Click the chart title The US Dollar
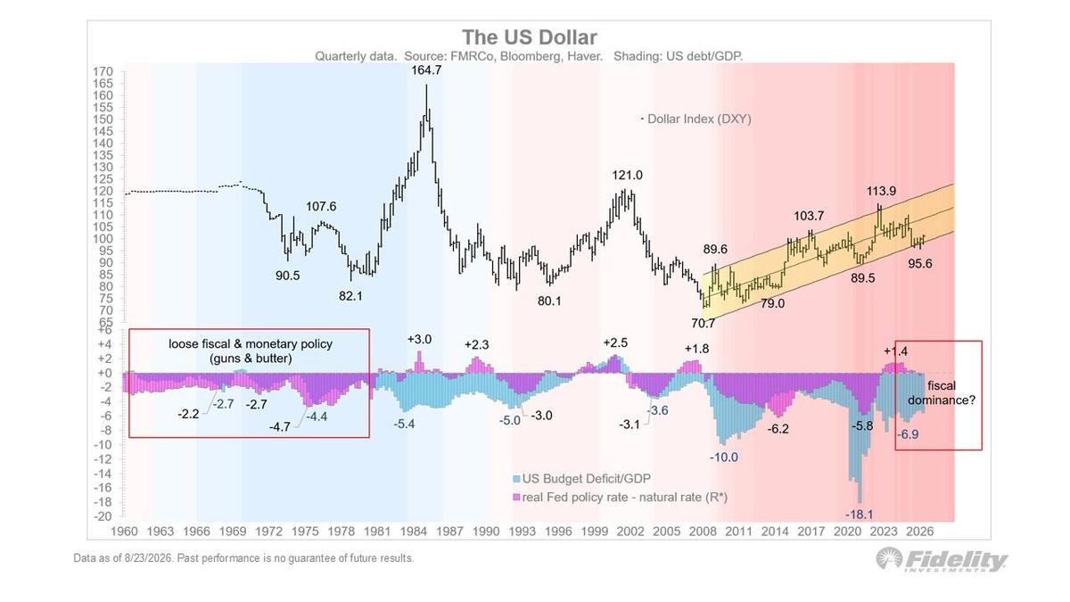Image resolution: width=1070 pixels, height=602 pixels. coord(530,37)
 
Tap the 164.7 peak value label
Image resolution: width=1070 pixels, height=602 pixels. coord(426,70)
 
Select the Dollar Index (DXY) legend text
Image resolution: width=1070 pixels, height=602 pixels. coord(699,119)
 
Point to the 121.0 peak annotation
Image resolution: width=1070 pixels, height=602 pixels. coord(627,176)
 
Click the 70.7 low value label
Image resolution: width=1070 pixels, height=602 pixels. coord(704,324)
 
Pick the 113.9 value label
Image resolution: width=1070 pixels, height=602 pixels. coord(881,191)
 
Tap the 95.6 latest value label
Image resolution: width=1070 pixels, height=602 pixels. coord(920,264)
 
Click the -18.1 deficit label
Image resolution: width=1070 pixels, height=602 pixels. coord(860,515)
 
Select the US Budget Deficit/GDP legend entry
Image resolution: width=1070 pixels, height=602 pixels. coord(581,479)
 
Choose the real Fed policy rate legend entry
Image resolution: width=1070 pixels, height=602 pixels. coord(620,498)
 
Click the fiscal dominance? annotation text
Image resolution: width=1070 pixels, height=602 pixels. coord(942,392)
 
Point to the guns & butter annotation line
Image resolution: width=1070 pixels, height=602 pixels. coord(251,359)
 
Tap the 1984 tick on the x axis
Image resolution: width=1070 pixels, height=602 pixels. coord(414,532)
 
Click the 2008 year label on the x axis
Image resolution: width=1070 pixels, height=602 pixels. coord(704,532)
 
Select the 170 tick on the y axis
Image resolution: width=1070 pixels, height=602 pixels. coord(103,71)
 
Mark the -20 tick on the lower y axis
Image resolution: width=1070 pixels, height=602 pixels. coord(103,516)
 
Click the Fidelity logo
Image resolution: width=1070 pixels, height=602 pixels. coord(941,560)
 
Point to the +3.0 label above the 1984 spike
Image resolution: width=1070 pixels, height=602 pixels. coord(419,339)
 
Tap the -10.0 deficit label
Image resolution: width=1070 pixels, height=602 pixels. coord(724,458)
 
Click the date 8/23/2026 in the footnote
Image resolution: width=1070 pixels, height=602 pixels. coord(148,558)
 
